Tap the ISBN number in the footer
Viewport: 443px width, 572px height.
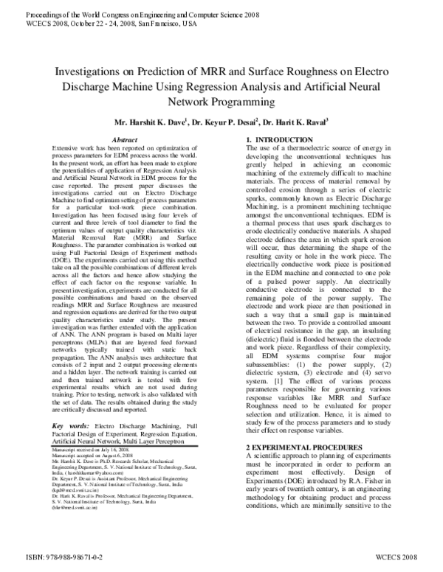[55, 559]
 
